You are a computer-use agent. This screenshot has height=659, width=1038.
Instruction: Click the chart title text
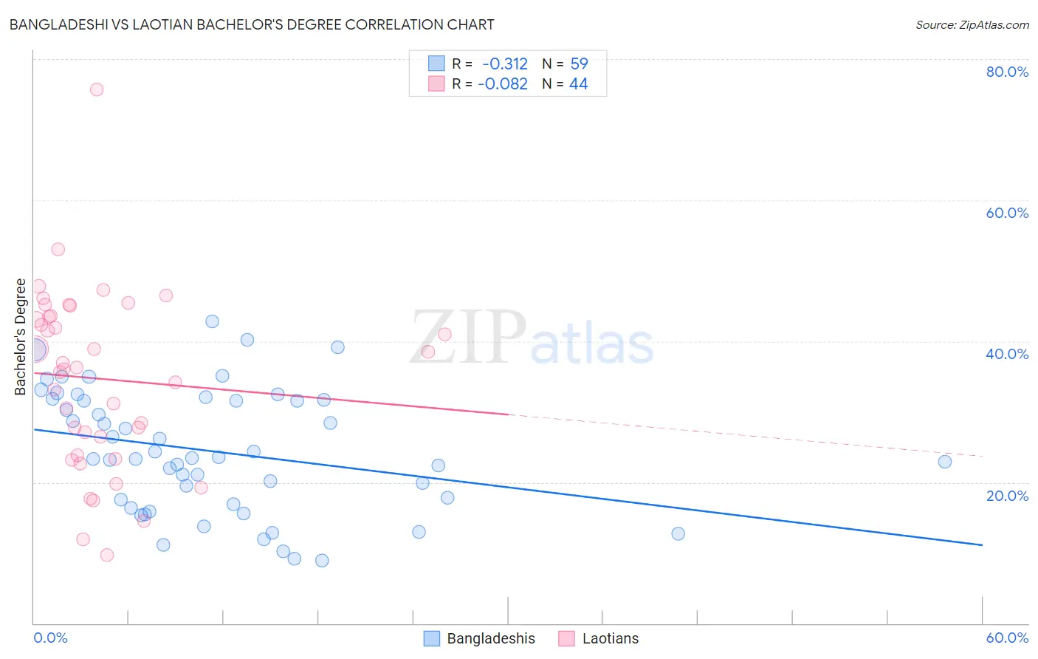click(x=252, y=24)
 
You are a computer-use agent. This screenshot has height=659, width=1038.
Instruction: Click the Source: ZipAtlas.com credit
click(x=972, y=24)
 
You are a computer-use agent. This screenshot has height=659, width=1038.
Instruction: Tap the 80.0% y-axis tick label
click(x=1007, y=72)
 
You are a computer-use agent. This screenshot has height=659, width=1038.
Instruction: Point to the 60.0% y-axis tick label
click(x=1007, y=213)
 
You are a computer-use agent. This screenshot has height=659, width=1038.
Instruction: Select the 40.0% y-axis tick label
click(x=1007, y=354)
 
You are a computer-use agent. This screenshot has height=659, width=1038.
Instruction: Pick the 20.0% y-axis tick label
click(x=1007, y=496)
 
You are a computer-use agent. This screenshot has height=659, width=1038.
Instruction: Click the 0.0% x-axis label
click(x=50, y=638)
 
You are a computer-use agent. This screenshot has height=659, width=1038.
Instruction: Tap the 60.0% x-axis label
click(x=1007, y=638)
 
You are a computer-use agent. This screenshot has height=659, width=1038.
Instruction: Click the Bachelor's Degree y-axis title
click(x=21, y=337)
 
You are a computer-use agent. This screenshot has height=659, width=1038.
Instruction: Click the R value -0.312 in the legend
click(x=505, y=64)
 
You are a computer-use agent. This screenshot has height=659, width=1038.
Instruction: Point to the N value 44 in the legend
click(x=578, y=84)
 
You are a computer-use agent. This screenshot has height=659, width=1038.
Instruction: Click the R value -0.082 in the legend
click(x=503, y=84)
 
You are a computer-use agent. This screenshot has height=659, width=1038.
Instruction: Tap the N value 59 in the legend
click(x=579, y=64)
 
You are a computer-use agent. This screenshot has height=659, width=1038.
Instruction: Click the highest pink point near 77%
click(x=97, y=89)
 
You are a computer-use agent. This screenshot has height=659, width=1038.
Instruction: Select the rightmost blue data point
click(x=945, y=462)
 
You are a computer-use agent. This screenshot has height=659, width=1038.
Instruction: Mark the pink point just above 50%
click(x=58, y=249)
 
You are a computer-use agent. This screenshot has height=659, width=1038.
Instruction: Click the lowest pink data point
click(x=107, y=555)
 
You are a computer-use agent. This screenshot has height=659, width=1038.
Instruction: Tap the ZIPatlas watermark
click(x=532, y=338)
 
